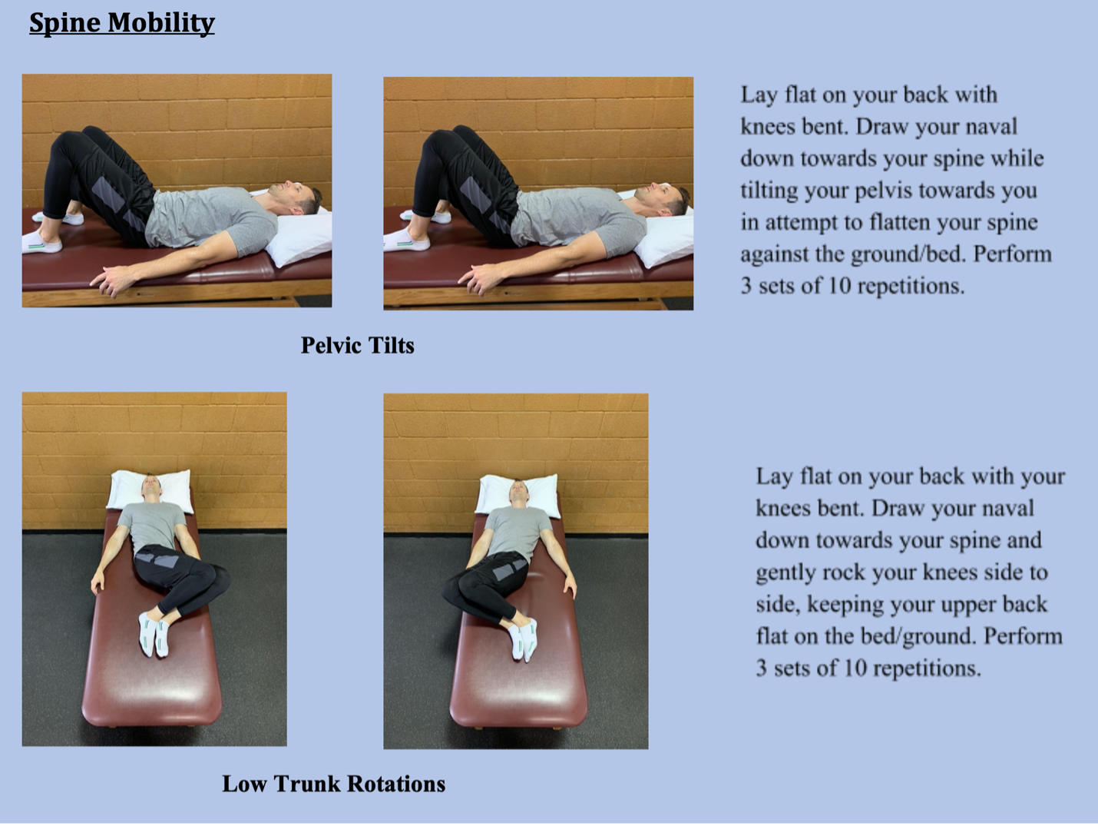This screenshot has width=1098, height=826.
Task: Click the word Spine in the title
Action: coord(64,23)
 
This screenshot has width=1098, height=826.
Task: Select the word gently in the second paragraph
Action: coord(785,572)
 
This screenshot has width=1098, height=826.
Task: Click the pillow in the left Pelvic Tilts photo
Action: coord(304,236)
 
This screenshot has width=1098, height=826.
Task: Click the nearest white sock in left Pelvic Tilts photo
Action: coord(41,244)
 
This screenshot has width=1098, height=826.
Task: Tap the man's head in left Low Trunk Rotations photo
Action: coord(150,486)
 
